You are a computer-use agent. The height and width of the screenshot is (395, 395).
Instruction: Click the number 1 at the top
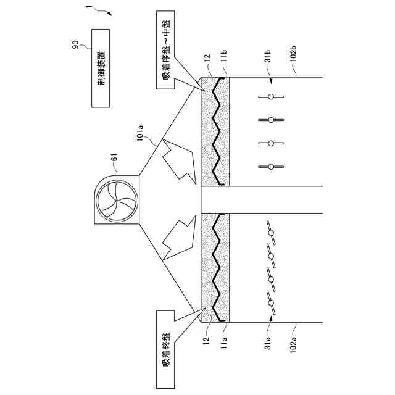click(89, 9)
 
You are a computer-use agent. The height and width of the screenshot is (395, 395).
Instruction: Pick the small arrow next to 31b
click(270, 80)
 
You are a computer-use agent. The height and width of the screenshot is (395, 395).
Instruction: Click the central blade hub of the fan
click(114, 200)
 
